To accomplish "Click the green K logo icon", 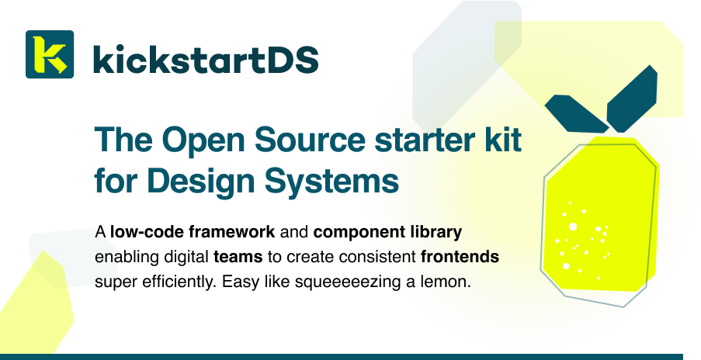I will (x=50, y=54).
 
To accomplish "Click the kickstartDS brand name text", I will (x=205, y=58).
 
